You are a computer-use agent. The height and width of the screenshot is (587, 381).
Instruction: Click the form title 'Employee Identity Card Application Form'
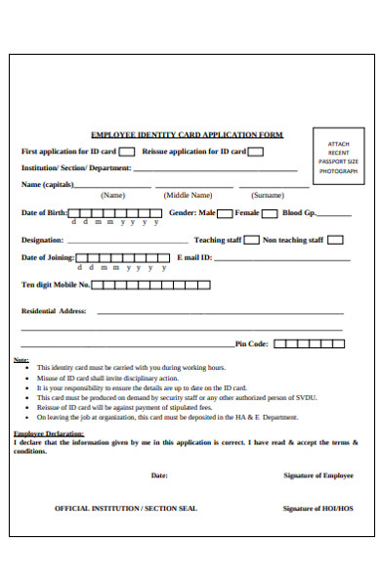[186, 134]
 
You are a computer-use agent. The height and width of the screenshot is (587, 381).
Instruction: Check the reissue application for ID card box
[254, 152]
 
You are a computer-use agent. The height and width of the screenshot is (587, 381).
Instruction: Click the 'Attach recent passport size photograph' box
[338, 155]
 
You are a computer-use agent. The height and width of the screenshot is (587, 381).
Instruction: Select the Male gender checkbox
[224, 212]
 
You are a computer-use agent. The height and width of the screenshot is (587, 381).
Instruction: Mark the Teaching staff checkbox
[251, 239]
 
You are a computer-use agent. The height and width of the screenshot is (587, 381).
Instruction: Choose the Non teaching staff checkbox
[335, 239]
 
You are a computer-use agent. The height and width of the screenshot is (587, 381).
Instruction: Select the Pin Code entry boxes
[309, 343]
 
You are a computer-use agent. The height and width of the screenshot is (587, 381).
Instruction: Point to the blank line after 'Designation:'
[127, 242]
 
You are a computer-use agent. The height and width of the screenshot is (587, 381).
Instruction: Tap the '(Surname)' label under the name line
[267, 195]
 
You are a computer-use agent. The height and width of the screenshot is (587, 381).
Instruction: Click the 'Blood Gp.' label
[299, 212]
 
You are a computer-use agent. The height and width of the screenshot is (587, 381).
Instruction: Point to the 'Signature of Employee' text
[317, 474]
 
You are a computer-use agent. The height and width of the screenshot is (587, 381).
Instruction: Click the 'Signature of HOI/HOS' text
[317, 509]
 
